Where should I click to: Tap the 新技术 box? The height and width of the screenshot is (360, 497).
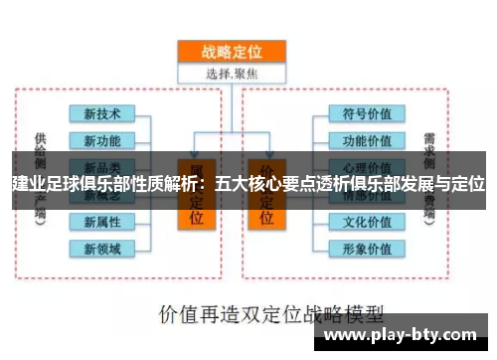pyautogui.click(x=102, y=113)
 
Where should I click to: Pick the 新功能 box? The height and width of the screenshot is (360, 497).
pyautogui.click(x=102, y=139)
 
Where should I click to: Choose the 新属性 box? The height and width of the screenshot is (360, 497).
pyautogui.click(x=102, y=221)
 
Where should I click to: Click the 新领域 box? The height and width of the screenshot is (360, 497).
pyautogui.click(x=102, y=247)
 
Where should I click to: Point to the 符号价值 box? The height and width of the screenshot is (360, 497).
pyautogui.click(x=367, y=113)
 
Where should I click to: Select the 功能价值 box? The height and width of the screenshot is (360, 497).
pyautogui.click(x=367, y=139)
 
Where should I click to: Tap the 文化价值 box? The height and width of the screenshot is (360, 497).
pyautogui.click(x=367, y=220)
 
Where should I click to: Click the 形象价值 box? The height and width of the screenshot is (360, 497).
pyautogui.click(x=367, y=247)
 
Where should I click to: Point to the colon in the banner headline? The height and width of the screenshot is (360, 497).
pyautogui.click(x=204, y=184)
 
